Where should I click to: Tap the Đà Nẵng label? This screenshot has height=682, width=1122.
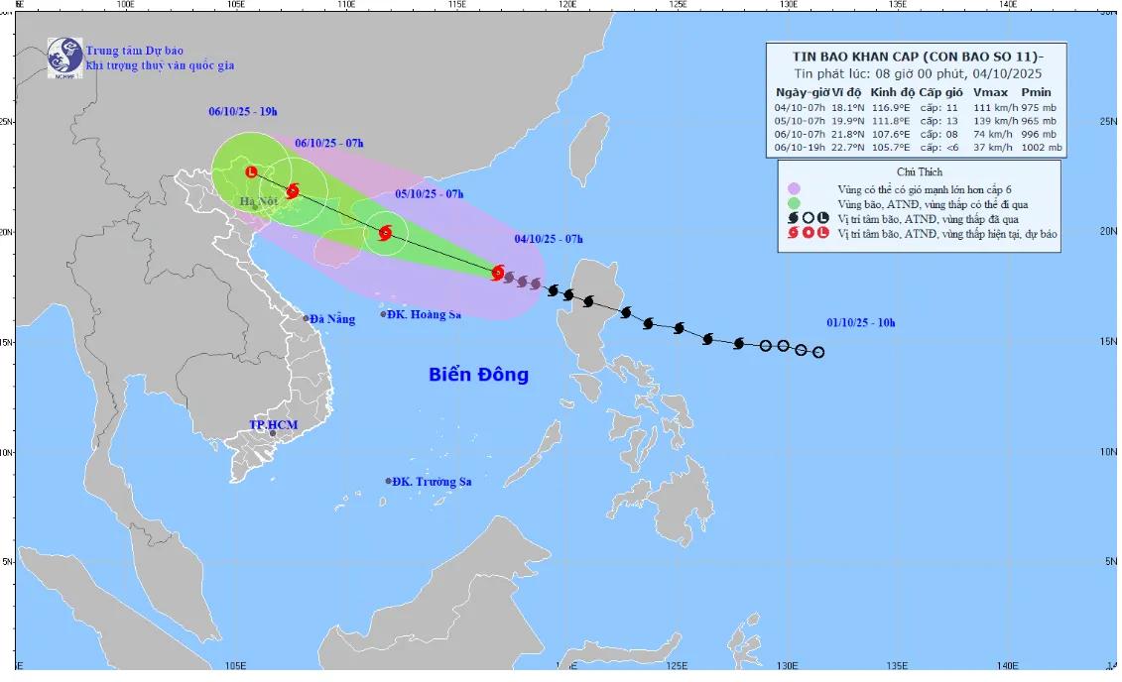[332, 319]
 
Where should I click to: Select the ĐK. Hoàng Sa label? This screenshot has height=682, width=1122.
[425, 314]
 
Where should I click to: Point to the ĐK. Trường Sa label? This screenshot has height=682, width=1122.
[431, 482]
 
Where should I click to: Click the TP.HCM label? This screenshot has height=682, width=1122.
[273, 425]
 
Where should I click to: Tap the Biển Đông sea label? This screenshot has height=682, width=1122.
[478, 375]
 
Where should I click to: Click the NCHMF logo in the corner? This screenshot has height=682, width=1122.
[65, 57]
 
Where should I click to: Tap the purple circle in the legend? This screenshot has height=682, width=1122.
[794, 187]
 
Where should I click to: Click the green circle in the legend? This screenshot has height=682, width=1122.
[794, 203]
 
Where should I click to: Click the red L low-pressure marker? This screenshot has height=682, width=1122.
[251, 171]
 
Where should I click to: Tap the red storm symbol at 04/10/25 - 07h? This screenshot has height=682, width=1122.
[498, 273]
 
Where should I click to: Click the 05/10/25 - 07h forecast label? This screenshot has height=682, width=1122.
[429, 193]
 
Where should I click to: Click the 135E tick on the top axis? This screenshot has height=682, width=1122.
[898, 5]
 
